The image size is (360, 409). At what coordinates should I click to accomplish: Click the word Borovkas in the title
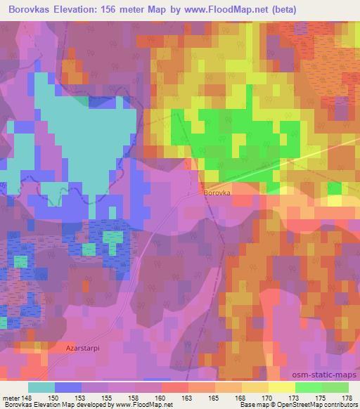pyautogui.click(x=33, y=10)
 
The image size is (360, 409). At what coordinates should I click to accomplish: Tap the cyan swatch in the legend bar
pyautogui.click(x=41, y=387)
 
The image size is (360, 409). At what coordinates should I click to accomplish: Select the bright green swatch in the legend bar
pyautogui.click(x=309, y=387)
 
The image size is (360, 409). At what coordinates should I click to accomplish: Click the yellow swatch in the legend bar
pyautogui.click(x=282, y=387)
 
